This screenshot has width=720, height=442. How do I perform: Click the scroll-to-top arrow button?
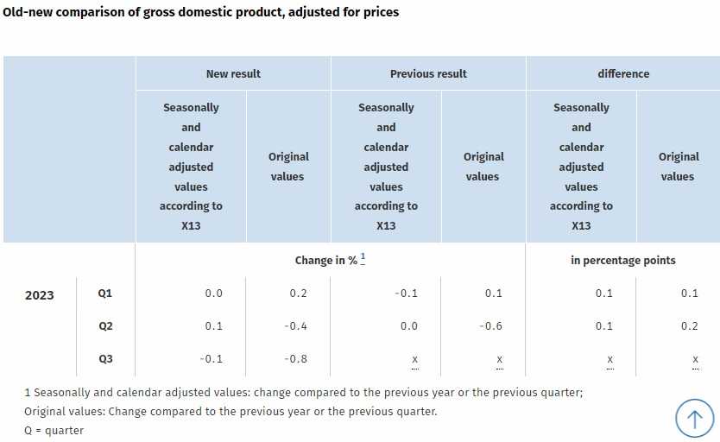click(x=695, y=419)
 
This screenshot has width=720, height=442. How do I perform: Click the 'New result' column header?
click(x=233, y=73)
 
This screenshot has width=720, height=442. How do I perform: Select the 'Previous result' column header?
click(x=428, y=73)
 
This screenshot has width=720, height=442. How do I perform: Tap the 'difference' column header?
click(x=623, y=73)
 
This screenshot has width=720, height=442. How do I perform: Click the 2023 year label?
click(x=39, y=295)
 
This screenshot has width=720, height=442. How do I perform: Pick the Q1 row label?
click(x=105, y=294)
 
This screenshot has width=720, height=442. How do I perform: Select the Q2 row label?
click(x=105, y=326)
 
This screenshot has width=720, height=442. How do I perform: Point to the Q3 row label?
click(x=105, y=358)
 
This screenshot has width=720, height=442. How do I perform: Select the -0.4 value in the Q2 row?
click(x=297, y=326)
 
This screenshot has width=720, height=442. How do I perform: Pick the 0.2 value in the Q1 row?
click(x=299, y=294)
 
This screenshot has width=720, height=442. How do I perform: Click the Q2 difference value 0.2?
click(x=689, y=326)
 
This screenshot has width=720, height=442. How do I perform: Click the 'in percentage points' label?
click(x=623, y=260)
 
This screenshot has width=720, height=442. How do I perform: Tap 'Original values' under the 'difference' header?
click(x=678, y=167)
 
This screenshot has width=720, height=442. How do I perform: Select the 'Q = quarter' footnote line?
click(x=54, y=430)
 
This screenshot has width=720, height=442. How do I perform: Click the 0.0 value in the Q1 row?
click(x=214, y=294)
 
